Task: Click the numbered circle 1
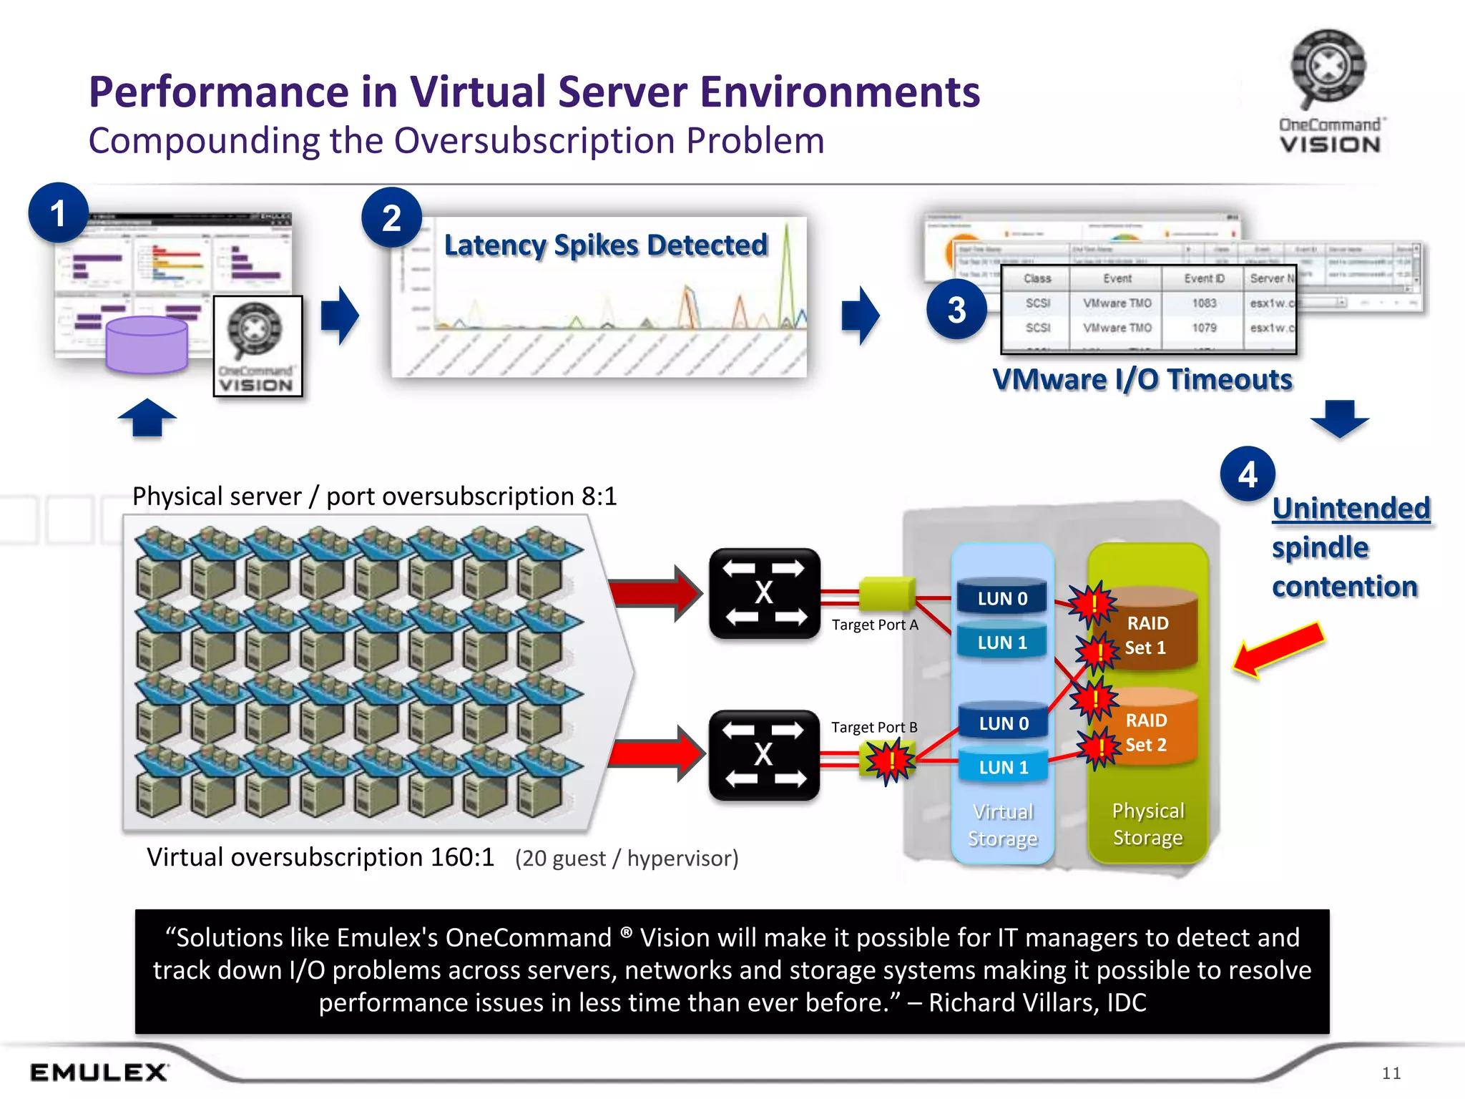click(58, 213)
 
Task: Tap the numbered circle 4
click(1248, 474)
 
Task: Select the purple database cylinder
click(147, 346)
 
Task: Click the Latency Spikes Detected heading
click(605, 245)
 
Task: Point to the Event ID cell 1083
click(1204, 303)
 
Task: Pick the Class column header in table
click(1037, 278)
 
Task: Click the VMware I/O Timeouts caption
click(1142, 379)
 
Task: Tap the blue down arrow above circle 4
click(1339, 418)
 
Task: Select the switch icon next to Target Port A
click(764, 593)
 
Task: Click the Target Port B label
click(873, 727)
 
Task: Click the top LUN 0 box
click(1002, 598)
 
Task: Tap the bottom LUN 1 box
click(1003, 767)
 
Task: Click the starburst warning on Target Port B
click(890, 760)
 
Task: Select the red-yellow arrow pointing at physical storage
click(1279, 649)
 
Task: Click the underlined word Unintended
click(1351, 509)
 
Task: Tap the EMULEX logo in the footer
click(99, 1072)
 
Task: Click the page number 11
click(1391, 1073)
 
